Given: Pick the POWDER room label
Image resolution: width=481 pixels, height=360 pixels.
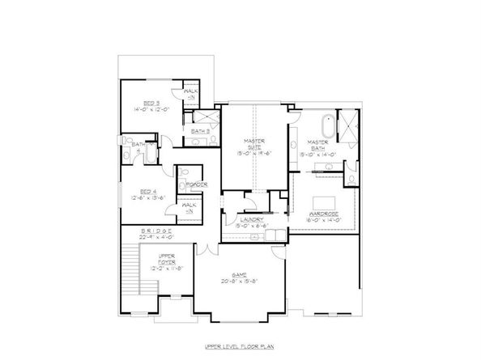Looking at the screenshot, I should click(197, 184).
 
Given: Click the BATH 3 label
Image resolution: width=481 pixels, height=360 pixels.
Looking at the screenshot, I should click(201, 130).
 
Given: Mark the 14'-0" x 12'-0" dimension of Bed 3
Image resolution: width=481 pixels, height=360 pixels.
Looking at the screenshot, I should click(151, 109).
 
